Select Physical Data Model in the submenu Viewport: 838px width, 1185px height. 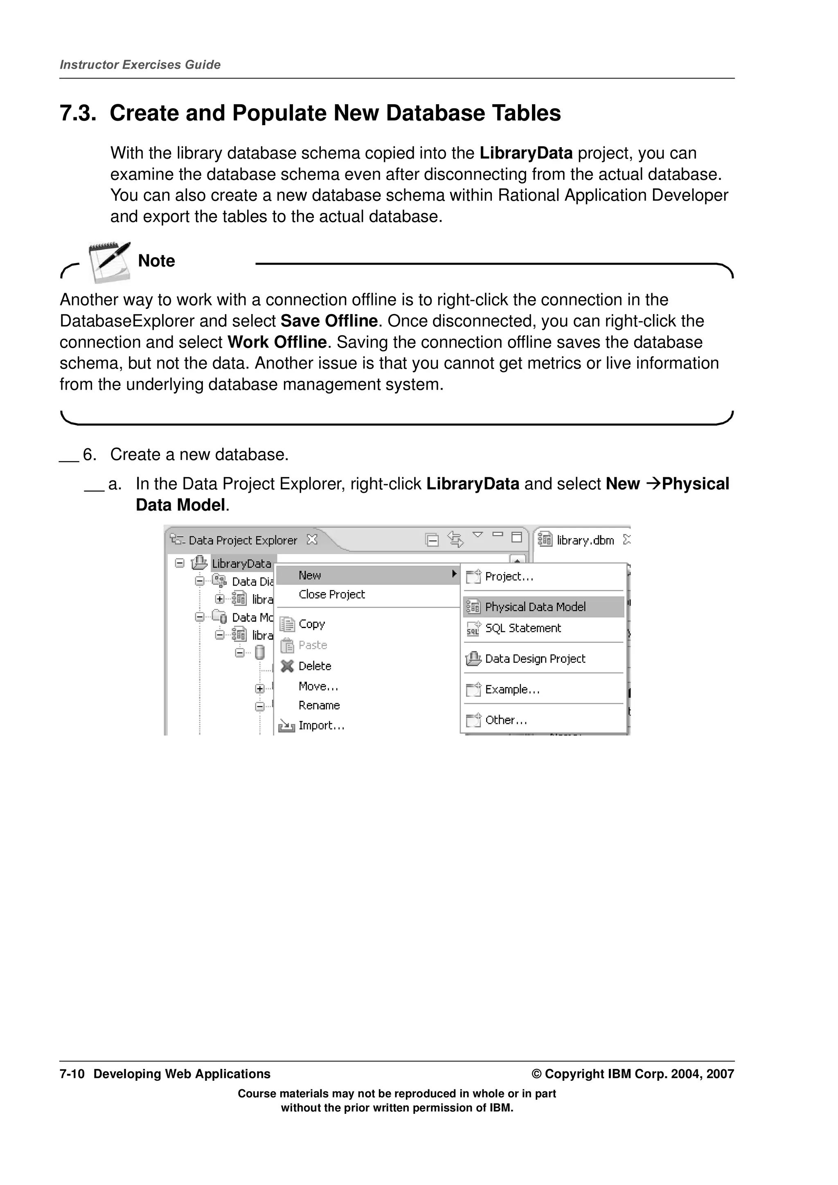click(535, 607)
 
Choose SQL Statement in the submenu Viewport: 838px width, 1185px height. click(523, 628)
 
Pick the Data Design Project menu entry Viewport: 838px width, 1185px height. click(535, 659)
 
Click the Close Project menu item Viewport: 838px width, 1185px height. click(331, 595)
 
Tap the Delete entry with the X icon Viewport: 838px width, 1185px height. click(314, 666)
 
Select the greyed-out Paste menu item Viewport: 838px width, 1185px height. click(312, 645)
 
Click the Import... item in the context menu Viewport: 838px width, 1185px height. click(321, 726)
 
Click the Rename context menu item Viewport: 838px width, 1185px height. click(319, 705)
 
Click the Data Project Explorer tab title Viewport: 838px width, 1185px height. click(243, 541)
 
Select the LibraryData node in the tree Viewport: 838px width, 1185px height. click(241, 563)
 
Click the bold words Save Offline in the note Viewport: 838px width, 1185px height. click(329, 321)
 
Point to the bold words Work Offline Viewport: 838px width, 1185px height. click(277, 342)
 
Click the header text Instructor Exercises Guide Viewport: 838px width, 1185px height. click(140, 65)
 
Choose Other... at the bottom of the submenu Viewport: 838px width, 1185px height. click(505, 720)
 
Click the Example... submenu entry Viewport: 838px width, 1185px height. click(512, 689)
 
